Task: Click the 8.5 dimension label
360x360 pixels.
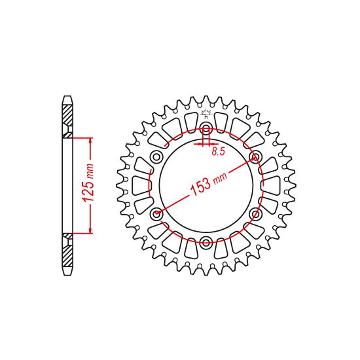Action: point(219,152)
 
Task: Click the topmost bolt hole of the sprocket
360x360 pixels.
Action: point(206,127)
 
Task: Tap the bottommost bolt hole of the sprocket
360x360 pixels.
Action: point(206,243)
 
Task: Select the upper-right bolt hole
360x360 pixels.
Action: point(256,156)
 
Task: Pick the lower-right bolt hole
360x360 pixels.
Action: point(256,213)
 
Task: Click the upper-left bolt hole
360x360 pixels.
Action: point(156,156)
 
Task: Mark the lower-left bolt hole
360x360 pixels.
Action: point(156,213)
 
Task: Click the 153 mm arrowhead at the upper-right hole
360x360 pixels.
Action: point(253,159)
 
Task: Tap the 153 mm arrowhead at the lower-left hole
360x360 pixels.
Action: point(160,211)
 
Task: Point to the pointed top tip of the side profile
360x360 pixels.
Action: point(67,98)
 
